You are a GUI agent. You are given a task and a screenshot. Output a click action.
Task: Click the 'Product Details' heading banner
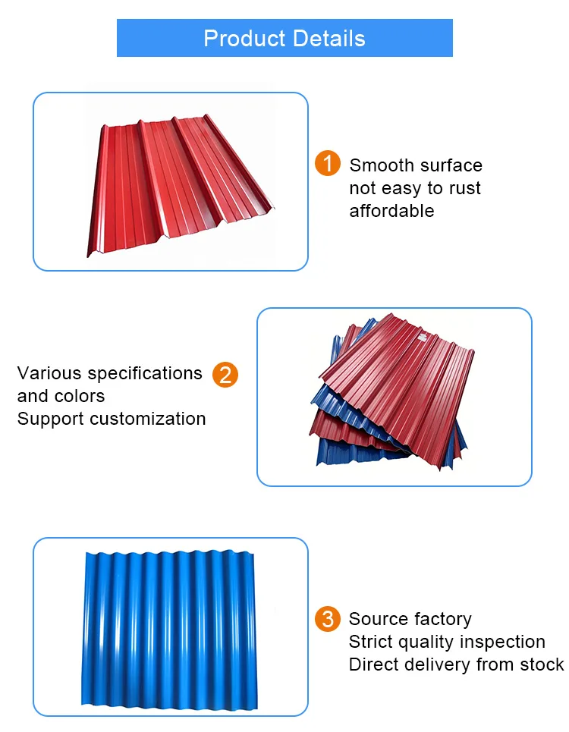click(284, 38)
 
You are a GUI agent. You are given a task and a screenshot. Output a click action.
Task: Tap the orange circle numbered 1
click(328, 164)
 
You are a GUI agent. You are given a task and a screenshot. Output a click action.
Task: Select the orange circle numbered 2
click(225, 375)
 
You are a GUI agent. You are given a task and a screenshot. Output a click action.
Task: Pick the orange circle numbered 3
click(328, 619)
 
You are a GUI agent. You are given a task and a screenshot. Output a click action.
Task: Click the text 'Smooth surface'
click(416, 165)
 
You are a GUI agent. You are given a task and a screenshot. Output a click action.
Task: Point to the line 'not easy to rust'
click(415, 188)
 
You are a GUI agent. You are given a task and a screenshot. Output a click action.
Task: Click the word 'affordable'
click(391, 211)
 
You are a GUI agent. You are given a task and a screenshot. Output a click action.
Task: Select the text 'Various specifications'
click(110, 373)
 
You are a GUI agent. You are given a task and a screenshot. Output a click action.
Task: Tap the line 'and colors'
click(61, 396)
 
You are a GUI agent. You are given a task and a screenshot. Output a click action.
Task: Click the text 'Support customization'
click(112, 419)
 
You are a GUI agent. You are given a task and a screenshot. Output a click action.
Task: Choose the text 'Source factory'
click(410, 619)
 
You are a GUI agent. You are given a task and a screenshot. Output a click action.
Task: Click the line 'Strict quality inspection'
click(447, 642)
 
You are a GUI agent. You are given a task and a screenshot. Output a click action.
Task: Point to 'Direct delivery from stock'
click(456, 664)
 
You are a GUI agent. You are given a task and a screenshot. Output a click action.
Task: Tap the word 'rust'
click(463, 188)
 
